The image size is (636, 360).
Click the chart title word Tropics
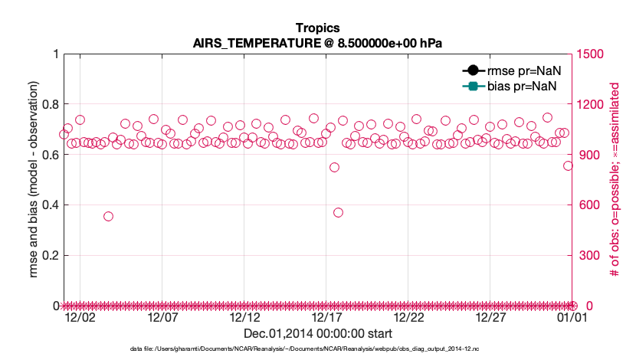click(317, 28)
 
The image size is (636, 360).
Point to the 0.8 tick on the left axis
click(49, 104)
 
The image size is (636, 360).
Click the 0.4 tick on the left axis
click(49, 205)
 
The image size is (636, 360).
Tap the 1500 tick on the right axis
click(591, 54)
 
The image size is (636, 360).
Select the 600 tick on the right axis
click(588, 205)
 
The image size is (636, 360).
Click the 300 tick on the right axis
click(588, 255)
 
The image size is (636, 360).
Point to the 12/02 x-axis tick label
click(80, 317)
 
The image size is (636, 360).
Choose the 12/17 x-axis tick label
click(326, 317)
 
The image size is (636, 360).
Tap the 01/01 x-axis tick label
click(572, 317)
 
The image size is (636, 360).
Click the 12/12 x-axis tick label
click(244, 317)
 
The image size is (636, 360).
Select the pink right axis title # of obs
click(615, 179)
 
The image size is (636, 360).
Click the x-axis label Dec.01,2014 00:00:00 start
click(317, 333)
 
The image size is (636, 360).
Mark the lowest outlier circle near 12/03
click(109, 216)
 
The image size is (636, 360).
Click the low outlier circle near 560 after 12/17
click(338, 212)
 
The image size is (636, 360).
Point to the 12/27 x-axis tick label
click(490, 317)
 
